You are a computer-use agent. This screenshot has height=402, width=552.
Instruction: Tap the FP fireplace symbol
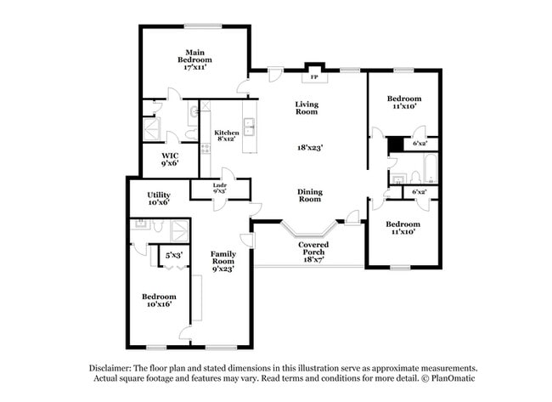[x=314, y=77]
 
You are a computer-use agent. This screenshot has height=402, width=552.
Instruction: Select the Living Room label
[x=307, y=108]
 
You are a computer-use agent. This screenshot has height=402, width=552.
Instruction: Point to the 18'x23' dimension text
[x=309, y=147]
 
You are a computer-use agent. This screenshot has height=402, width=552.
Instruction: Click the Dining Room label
[x=309, y=195]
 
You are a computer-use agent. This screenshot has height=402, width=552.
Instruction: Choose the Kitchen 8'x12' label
[x=226, y=137]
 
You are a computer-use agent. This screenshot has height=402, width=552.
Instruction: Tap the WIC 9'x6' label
[x=171, y=159]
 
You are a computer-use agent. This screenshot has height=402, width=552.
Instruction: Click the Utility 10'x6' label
[x=159, y=199]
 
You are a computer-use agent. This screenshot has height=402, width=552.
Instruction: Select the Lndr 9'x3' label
[x=219, y=189]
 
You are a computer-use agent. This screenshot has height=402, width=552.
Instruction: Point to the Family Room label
[x=223, y=258]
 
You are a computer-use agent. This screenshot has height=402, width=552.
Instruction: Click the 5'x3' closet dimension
[x=175, y=254]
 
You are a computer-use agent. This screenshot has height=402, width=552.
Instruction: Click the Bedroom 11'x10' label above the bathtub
[x=403, y=103]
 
